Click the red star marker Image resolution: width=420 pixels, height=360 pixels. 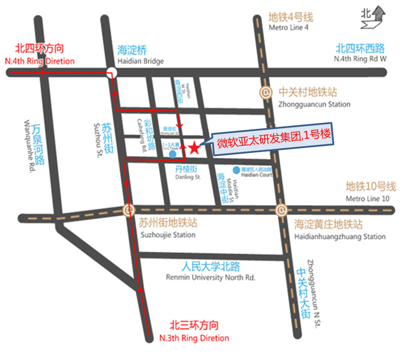(194, 147)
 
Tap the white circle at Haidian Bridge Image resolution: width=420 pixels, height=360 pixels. (112, 72)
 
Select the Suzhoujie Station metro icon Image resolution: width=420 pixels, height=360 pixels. (129, 210)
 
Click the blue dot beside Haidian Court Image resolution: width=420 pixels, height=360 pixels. (237, 170)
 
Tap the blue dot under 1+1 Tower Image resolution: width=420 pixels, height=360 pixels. (173, 155)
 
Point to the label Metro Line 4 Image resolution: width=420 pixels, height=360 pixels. (288, 28)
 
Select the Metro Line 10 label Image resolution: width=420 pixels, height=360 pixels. (367, 198)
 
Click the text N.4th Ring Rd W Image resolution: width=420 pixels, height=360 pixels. (360, 59)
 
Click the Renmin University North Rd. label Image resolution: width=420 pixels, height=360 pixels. (210, 277)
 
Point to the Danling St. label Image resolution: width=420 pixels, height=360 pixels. (188, 177)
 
